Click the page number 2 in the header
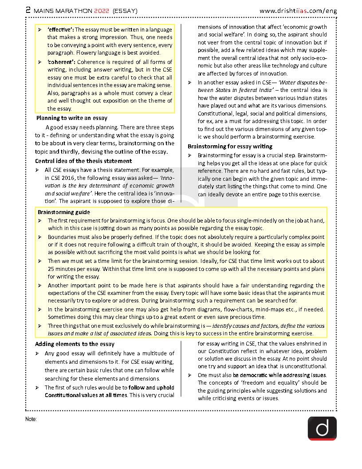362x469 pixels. (x=28, y=10)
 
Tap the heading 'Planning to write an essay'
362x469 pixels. (x=71, y=118)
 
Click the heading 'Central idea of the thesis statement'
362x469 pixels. (x=83, y=161)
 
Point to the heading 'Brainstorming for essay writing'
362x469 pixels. (x=230, y=146)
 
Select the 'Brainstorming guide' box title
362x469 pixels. (x=64, y=212)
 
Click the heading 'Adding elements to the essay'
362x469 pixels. (x=75, y=344)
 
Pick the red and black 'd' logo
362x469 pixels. (x=322, y=428)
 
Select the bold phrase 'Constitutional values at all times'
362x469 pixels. (x=86, y=395)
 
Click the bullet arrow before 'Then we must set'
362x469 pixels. (x=40, y=261)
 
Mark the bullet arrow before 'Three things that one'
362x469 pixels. (x=40, y=326)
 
